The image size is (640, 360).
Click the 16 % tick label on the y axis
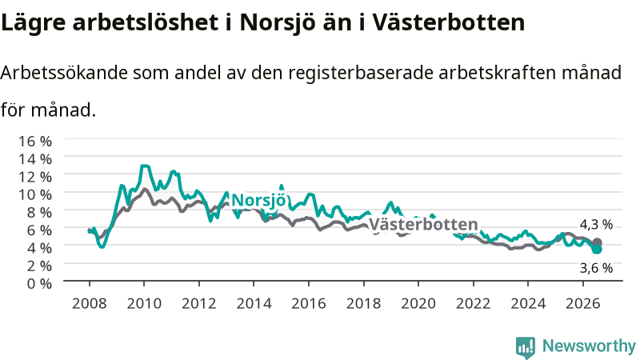(35, 142)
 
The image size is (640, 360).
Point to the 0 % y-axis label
(39, 283)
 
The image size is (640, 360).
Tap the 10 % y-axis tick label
(35, 194)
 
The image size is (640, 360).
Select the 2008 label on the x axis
(90, 304)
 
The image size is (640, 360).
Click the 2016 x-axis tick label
(309, 304)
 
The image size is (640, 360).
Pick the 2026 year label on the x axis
(583, 304)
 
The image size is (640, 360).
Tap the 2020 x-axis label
(418, 304)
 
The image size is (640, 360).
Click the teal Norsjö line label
(258, 201)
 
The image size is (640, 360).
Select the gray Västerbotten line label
(423, 225)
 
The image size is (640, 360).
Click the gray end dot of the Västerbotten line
(597, 242)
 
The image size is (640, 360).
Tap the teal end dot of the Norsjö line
(597, 249)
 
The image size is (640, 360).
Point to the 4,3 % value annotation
(596, 225)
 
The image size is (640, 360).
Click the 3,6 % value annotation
(596, 268)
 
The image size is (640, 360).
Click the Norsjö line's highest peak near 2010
(144, 166)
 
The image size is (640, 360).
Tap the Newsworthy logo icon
(526, 346)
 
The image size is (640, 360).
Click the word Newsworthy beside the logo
(589, 346)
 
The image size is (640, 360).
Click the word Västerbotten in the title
(448, 22)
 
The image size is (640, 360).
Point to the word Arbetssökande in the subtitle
(65, 73)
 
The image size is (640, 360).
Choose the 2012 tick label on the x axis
(199, 304)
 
